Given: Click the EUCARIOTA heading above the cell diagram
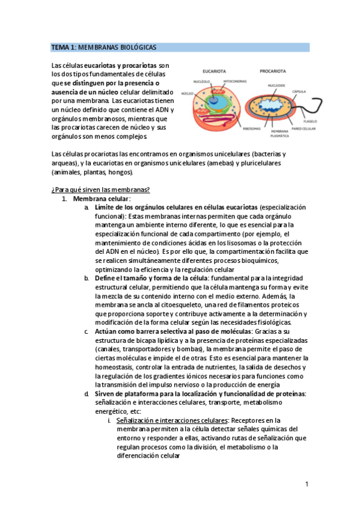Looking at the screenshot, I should pos(215,71).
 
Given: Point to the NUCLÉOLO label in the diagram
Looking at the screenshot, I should pos(201,81).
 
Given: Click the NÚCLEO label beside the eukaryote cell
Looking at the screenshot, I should pos(187,94).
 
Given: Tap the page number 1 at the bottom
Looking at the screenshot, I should pos(307,484).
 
